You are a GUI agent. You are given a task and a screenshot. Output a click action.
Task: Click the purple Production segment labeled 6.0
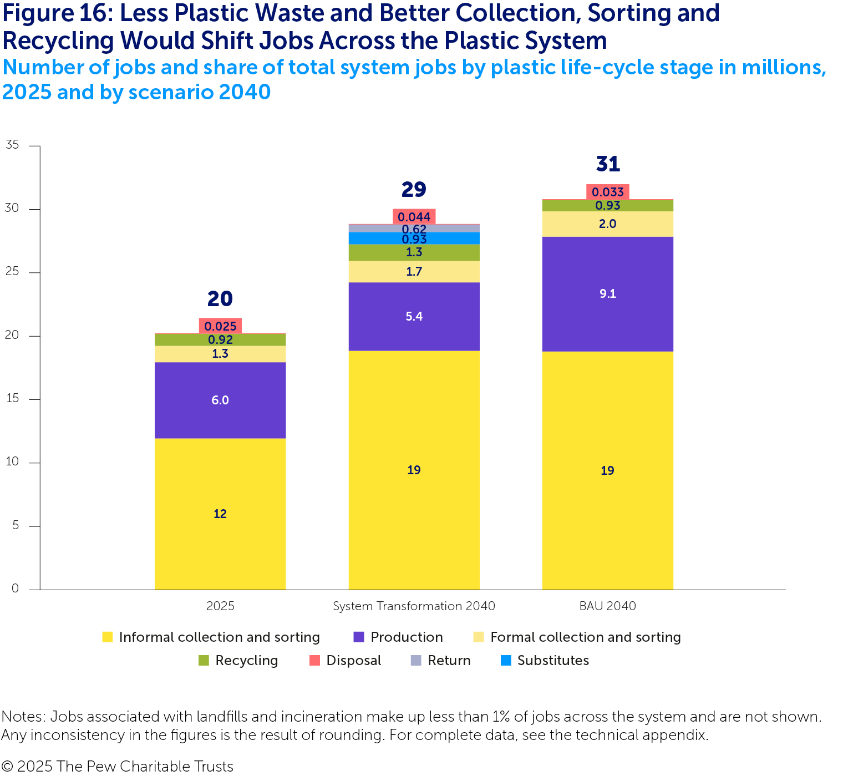[220, 400]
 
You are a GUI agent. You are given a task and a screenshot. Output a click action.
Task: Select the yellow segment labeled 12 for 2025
[220, 514]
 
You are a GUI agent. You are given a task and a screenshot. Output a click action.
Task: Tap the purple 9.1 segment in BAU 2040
[607, 294]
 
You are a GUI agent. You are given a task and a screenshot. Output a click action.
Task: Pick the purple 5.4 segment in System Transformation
[414, 316]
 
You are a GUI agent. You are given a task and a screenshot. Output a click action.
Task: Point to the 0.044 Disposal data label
[414, 217]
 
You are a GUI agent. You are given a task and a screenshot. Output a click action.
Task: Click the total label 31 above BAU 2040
[608, 164]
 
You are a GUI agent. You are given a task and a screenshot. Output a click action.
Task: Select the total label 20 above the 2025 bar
[220, 299]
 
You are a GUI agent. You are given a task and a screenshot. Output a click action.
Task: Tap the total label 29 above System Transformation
[414, 190]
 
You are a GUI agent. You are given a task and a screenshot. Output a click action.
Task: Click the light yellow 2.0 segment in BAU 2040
[607, 224]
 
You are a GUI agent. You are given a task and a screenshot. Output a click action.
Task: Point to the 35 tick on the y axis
[12, 145]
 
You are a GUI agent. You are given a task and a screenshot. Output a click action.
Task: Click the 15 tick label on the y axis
[12, 399]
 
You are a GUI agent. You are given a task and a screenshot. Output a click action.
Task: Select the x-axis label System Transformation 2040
[414, 606]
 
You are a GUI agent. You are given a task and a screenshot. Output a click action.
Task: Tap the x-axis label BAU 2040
[607, 606]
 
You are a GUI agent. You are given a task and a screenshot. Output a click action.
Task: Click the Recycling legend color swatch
[204, 661]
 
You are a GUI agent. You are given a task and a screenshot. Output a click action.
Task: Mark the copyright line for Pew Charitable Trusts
[117, 766]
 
